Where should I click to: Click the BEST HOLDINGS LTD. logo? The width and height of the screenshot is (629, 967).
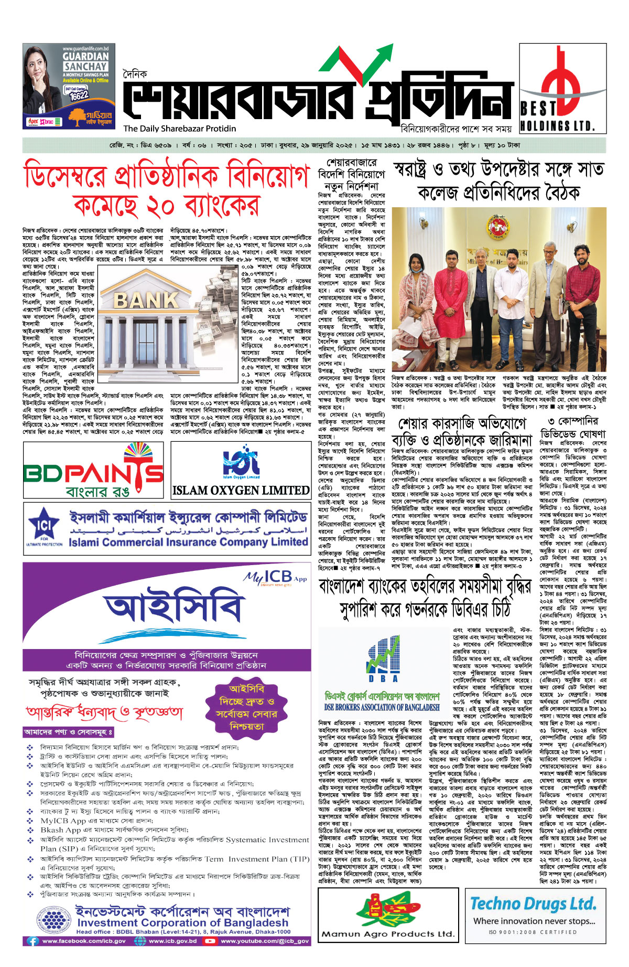(562, 88)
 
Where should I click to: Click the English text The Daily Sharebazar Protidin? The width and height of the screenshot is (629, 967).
(180, 129)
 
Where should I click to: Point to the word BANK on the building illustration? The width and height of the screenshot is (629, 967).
(146, 300)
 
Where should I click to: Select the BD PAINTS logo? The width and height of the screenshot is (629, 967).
(94, 471)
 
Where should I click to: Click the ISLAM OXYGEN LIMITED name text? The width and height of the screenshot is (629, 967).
(241, 490)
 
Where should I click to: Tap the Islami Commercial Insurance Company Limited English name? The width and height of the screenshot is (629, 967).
(188, 541)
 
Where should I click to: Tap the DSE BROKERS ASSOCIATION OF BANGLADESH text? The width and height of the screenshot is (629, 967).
(382, 707)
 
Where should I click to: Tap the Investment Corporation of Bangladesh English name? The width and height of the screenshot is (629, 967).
(182, 922)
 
